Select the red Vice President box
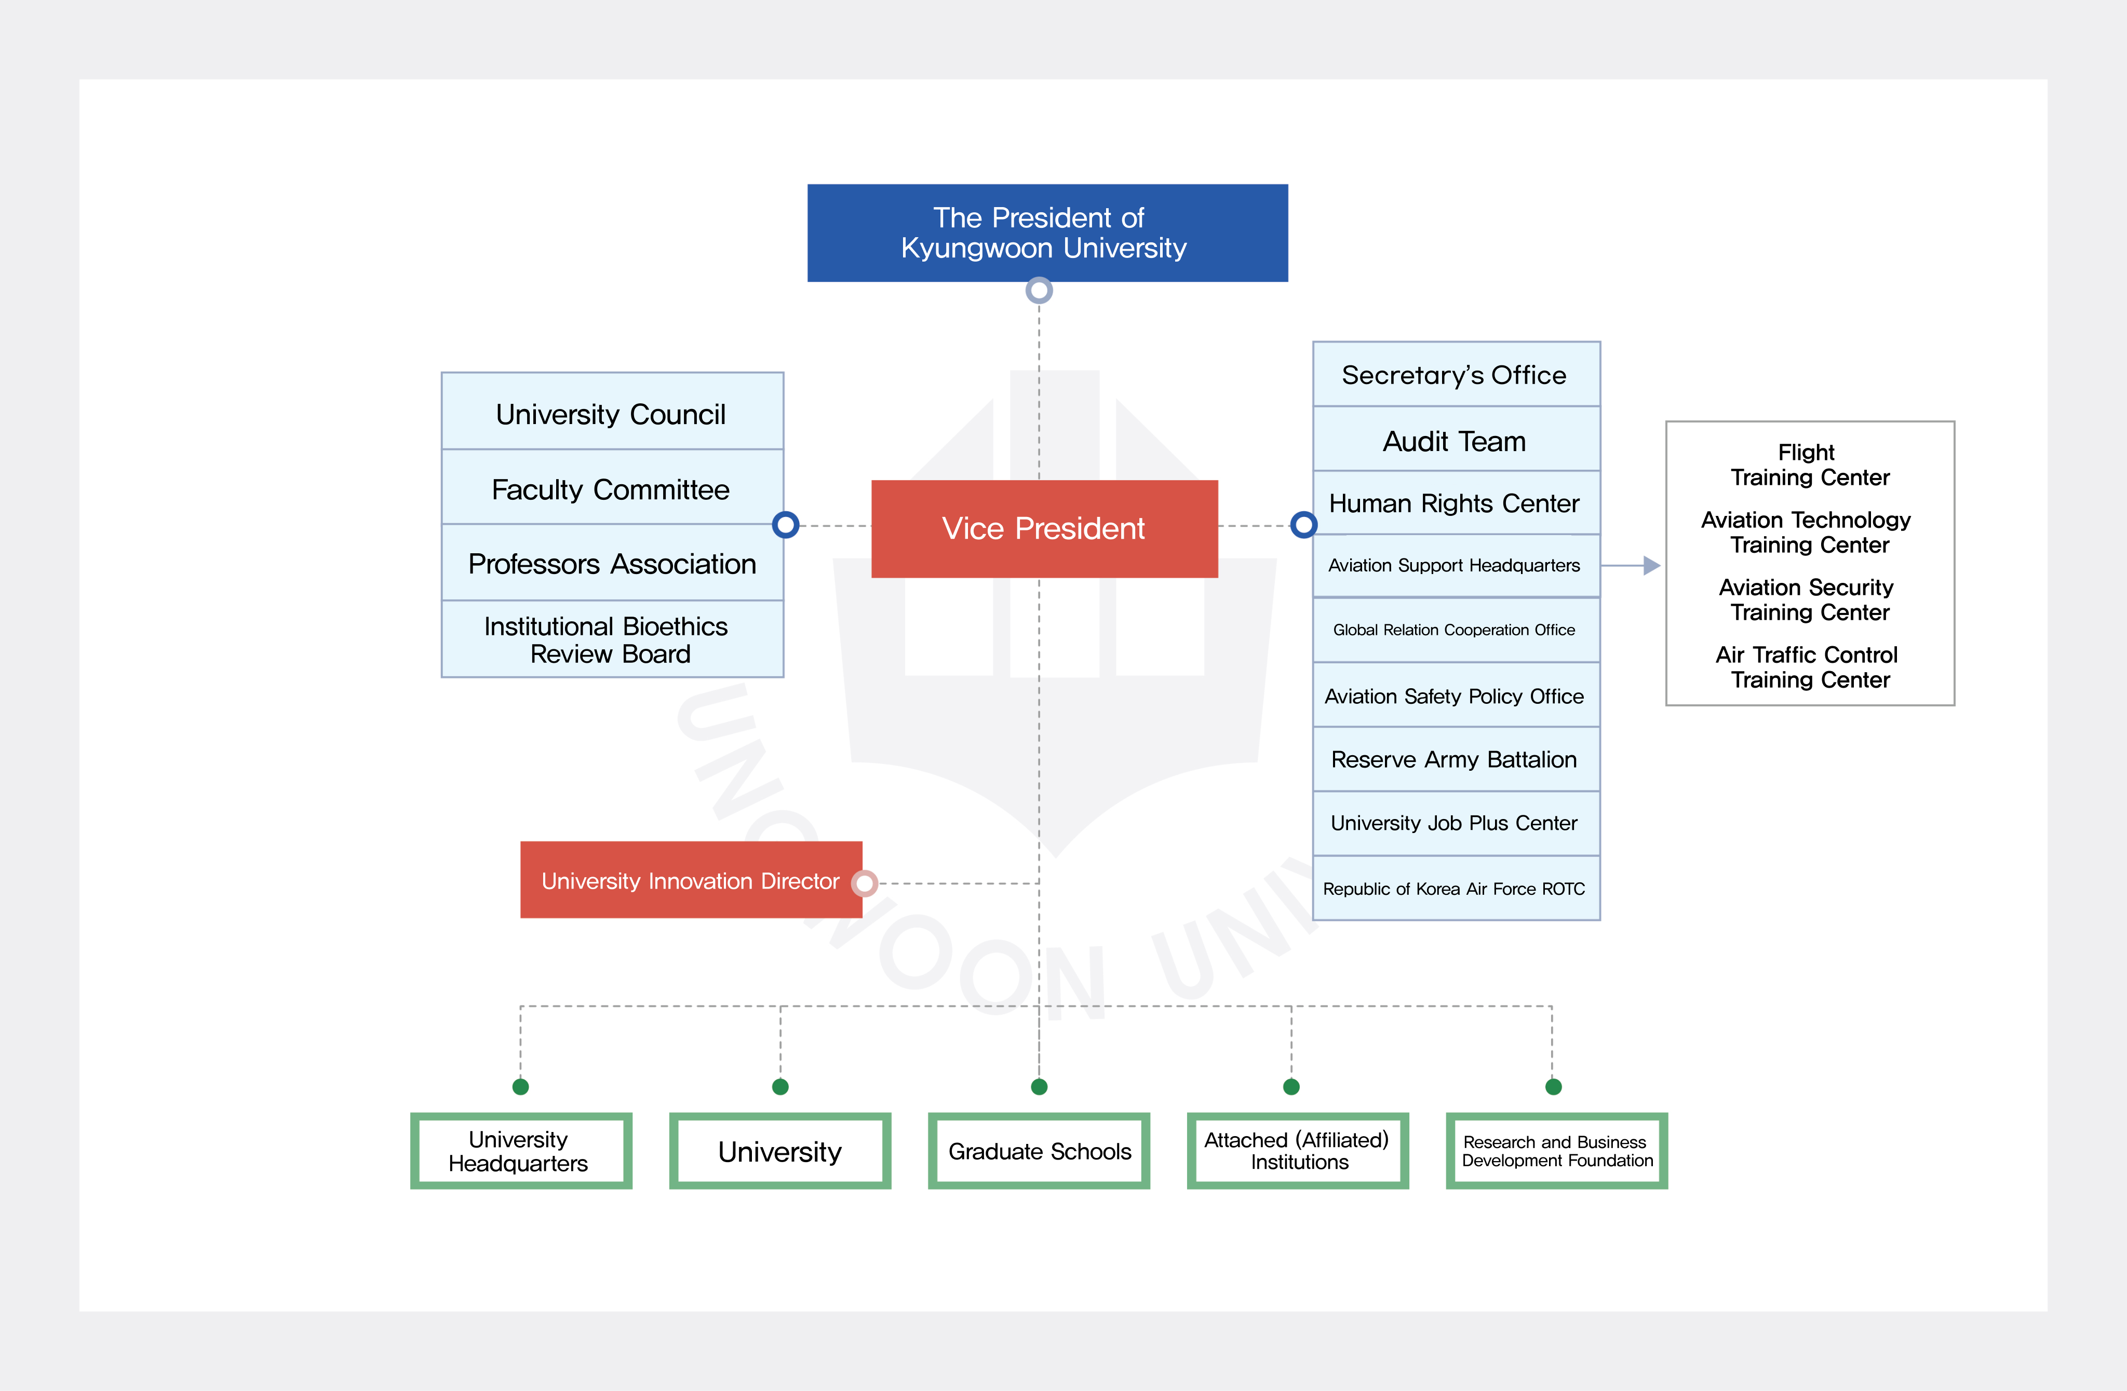(1044, 528)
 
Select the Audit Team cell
(1455, 441)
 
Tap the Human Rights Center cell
(1455, 503)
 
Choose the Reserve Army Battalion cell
(1455, 759)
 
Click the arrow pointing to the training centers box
(1650, 566)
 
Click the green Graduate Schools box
(1040, 1151)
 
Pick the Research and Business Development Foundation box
(1557, 1151)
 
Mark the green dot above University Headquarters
(521, 1086)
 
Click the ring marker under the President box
(1039, 290)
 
